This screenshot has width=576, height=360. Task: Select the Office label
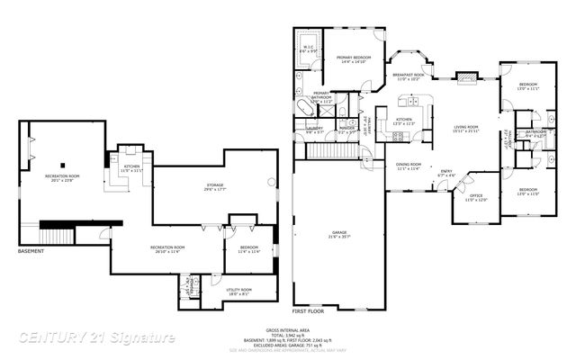(x=476, y=198)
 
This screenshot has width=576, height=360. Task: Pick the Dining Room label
(x=409, y=166)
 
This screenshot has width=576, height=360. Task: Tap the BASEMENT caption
(x=31, y=251)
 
